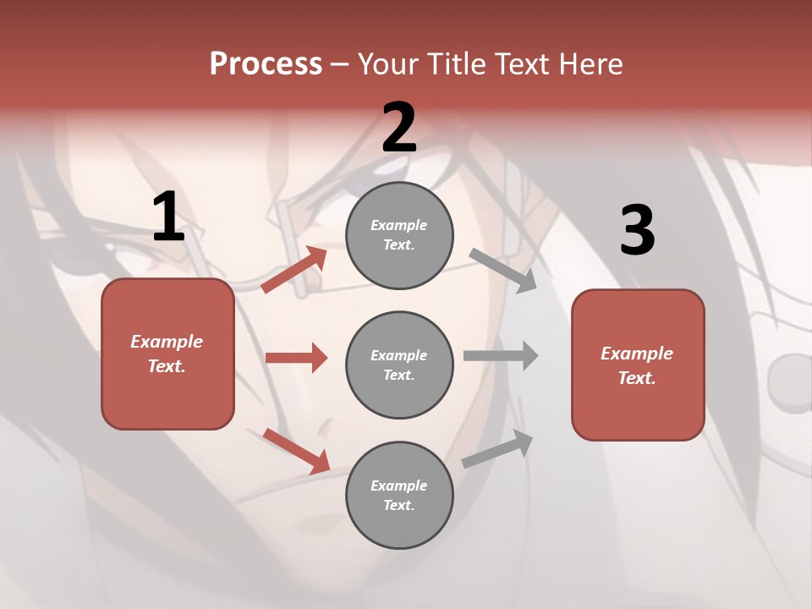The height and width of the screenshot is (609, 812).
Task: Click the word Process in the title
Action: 266,64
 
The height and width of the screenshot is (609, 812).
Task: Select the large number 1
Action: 168,217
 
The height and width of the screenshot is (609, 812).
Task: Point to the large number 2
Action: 399,128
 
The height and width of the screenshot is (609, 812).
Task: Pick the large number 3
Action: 637,231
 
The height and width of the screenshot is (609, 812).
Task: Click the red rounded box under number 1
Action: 167,354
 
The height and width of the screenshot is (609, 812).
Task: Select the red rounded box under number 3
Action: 638,365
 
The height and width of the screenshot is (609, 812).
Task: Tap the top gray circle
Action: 399,235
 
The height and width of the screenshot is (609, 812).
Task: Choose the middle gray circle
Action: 399,365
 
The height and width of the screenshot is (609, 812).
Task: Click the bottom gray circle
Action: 399,495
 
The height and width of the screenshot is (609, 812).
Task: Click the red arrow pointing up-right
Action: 294,270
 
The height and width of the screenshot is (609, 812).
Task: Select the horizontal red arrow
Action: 296,358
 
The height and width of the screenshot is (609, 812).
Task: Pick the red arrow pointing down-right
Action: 296,451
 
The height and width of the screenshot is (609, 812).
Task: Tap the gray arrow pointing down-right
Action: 503,270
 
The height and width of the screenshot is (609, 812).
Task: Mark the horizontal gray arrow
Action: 501,355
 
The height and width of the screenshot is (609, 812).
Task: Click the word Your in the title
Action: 389,64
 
